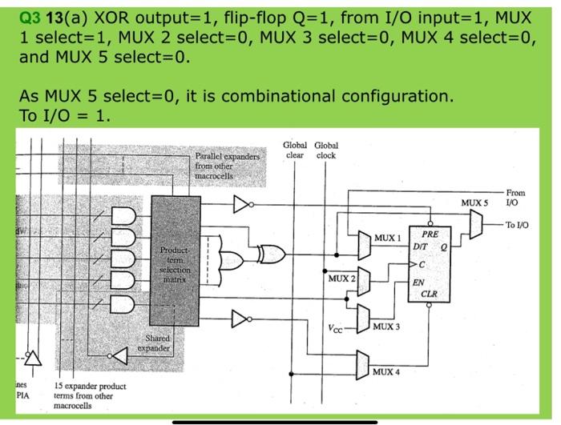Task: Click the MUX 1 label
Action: [x=385, y=239]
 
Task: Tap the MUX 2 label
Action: [x=341, y=277]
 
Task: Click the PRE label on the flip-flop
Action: [x=430, y=233]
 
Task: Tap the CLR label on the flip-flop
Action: [x=429, y=294]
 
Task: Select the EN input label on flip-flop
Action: [x=418, y=282]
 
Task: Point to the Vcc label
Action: [x=336, y=328]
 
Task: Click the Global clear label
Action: [x=295, y=150]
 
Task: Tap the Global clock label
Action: [x=326, y=150]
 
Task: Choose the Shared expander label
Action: [x=155, y=344]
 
